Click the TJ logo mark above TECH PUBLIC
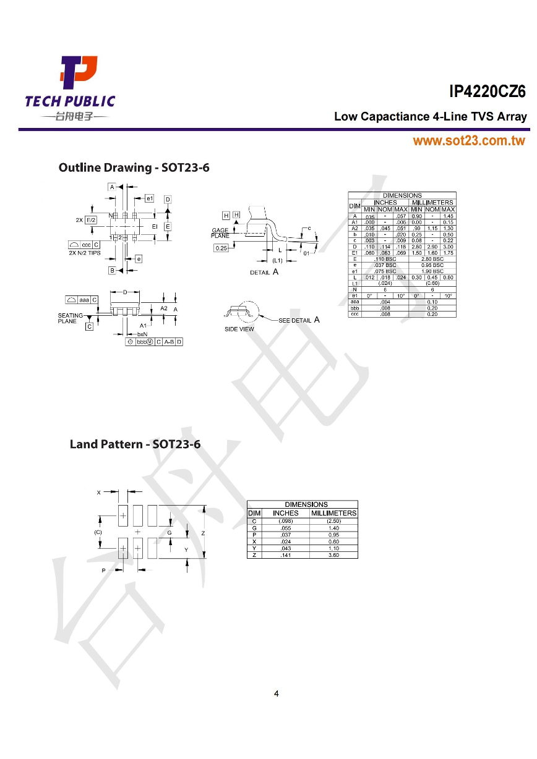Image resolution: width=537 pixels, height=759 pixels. tap(78, 72)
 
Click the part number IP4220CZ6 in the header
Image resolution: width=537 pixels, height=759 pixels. tap(488, 92)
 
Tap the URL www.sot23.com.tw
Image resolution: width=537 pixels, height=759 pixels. tap(469, 141)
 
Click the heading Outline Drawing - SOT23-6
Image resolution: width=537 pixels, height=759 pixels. tap(134, 167)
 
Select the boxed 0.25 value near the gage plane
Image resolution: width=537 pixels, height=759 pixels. tap(221, 248)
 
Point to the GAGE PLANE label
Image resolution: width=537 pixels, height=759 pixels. tap(220, 233)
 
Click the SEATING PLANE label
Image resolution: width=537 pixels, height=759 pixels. tap(67, 318)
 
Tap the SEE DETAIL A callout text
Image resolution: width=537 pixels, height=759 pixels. tap(299, 320)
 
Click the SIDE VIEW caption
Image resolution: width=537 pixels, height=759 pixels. tap(239, 329)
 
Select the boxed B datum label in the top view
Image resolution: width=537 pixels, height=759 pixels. tap(113, 270)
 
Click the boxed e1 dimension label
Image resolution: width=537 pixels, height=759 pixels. tap(149, 198)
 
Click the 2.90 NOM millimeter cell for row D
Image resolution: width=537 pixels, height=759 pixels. tap(432, 247)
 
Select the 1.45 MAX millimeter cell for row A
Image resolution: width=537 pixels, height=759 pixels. tap(449, 216)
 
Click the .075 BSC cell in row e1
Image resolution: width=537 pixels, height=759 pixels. tap(385, 271)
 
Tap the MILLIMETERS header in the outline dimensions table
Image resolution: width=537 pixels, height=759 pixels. tap(432, 202)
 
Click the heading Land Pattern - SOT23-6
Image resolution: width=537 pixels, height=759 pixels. tap(135, 444)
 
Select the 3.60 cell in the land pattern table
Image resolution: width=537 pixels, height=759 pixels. tap(334, 555)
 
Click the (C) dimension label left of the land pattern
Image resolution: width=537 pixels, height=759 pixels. tap(98, 532)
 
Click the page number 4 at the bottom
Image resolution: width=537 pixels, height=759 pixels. tap(276, 693)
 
